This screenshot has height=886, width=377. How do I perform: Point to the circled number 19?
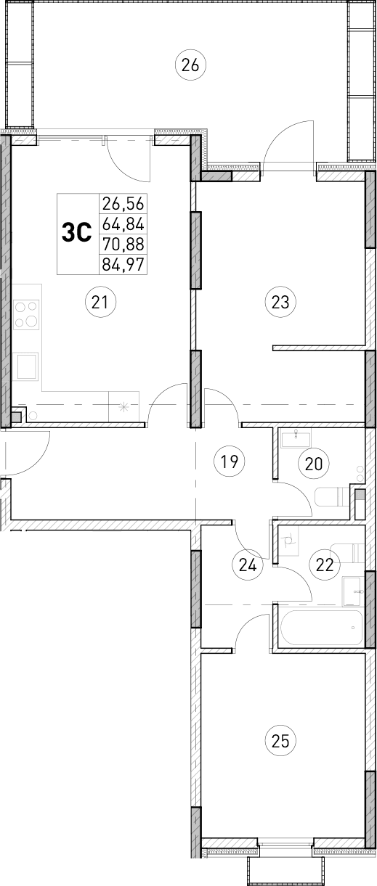230,461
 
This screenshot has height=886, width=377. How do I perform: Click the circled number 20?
313,463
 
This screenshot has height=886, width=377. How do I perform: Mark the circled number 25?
280,741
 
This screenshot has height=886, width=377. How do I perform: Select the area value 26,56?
123,204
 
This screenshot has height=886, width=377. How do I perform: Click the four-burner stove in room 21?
27,314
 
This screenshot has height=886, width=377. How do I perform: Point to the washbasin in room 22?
352,590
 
